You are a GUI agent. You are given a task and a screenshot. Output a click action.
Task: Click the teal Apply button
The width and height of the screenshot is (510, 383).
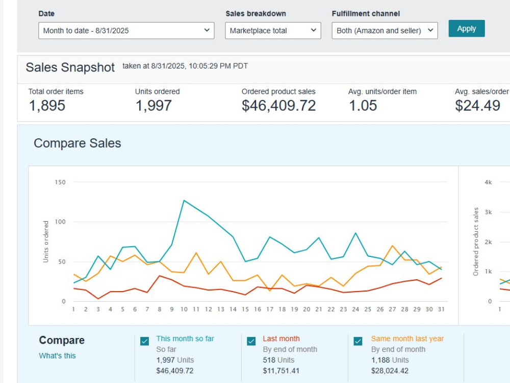(467, 29)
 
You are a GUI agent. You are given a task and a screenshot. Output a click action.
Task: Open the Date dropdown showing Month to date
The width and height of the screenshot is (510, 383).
(126, 31)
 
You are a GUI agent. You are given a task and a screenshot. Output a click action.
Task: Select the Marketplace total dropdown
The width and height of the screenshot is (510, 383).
(273, 31)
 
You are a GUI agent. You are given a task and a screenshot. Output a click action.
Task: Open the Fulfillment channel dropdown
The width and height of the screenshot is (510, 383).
(385, 31)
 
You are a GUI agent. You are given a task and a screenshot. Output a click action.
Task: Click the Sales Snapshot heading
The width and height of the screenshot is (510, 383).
(70, 67)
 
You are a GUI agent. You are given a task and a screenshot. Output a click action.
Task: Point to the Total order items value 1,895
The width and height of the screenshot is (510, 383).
(47, 106)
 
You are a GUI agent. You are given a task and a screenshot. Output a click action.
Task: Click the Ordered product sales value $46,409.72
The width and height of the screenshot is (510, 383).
(279, 106)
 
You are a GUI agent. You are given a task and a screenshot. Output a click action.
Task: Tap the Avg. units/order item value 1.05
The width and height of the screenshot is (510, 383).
(363, 106)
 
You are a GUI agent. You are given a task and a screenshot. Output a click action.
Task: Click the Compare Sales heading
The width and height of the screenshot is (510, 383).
(78, 143)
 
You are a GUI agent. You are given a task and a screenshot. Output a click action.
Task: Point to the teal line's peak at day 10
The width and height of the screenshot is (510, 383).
(184, 200)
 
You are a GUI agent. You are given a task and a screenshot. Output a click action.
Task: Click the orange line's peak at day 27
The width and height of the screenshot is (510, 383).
(393, 246)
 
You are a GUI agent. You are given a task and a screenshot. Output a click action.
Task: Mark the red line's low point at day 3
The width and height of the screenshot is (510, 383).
(98, 299)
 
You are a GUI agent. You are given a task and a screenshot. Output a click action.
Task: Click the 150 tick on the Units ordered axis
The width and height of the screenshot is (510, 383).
(60, 182)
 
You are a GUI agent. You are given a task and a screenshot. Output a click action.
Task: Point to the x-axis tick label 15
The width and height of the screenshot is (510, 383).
(245, 309)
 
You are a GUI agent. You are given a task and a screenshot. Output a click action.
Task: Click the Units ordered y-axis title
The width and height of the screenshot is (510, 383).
(46, 242)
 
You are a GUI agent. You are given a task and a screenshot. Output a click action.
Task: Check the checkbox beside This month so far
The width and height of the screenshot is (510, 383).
(145, 341)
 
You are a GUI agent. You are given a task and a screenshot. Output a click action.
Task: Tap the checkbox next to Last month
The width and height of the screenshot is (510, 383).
(251, 341)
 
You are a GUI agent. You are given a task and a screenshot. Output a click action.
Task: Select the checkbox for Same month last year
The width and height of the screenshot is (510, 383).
(358, 341)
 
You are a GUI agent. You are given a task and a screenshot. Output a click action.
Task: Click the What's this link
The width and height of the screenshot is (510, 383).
(57, 355)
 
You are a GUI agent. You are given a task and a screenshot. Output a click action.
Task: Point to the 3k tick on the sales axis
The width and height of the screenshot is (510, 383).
(488, 212)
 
